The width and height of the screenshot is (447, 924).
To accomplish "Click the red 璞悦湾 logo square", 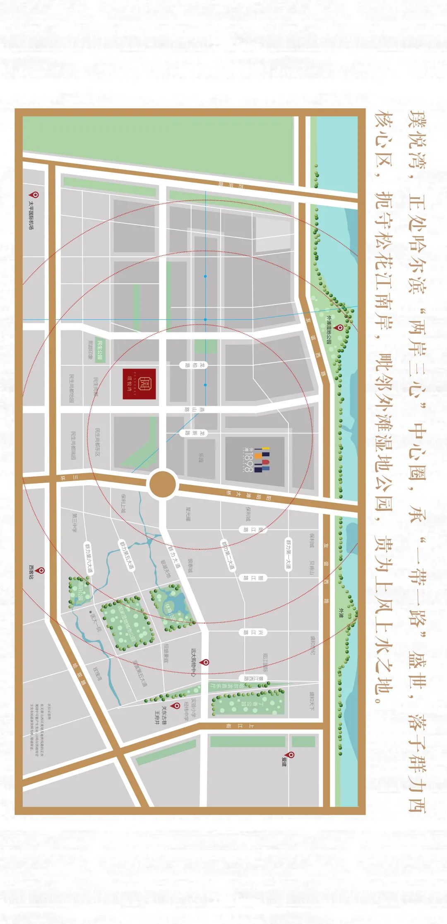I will click(x=139, y=384).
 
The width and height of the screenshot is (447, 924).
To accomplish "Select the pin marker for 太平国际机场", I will click(x=36, y=194).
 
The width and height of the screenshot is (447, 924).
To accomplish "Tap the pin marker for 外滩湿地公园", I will click(x=340, y=328).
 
